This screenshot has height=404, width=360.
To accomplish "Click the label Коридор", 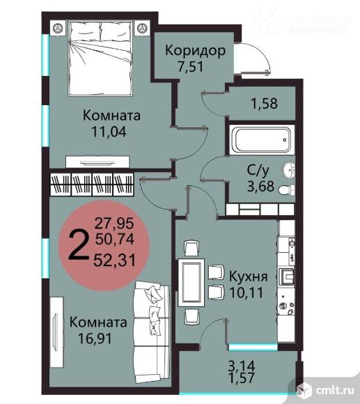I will (195, 51).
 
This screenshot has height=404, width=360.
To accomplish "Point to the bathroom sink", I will (288, 168).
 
